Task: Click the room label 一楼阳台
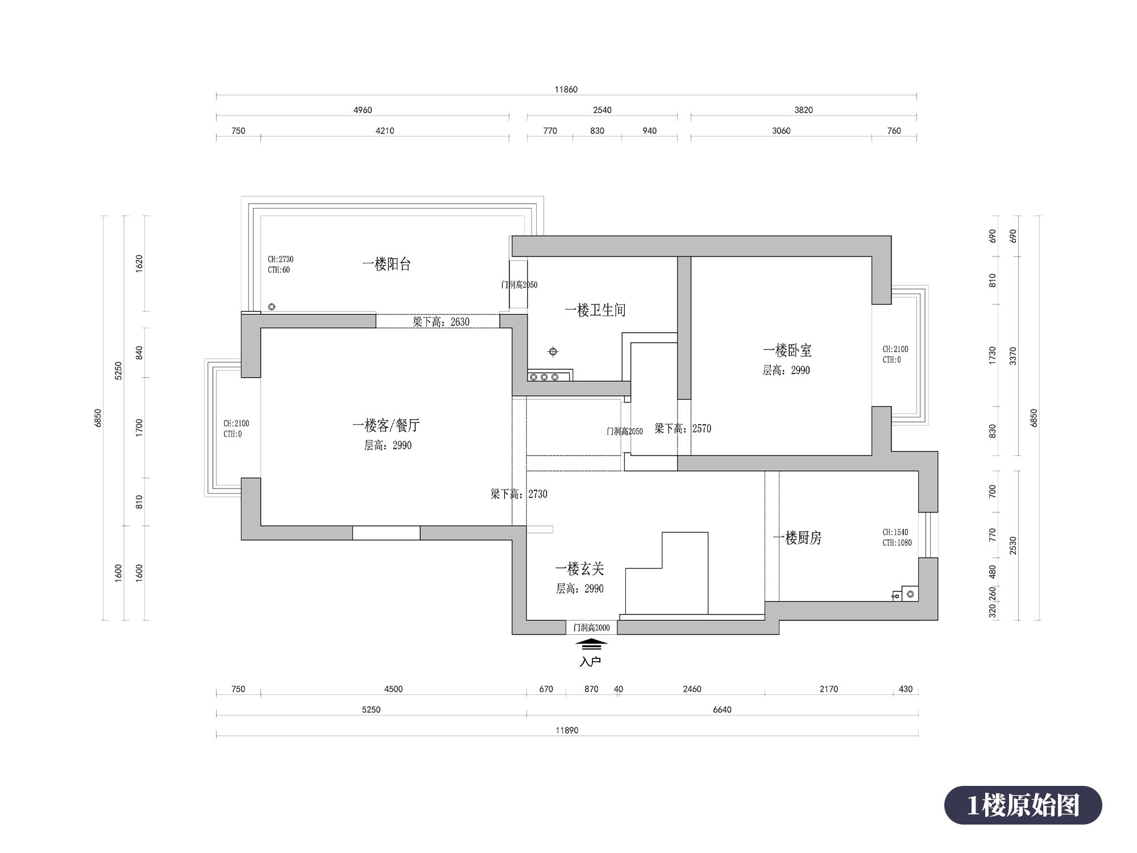coord(387,264)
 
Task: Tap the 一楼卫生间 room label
coord(595,310)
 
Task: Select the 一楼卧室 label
coord(787,350)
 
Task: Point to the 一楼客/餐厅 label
coord(386,425)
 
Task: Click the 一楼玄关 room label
coord(579,569)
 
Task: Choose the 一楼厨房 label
coord(798,538)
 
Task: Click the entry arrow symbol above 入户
coord(591,644)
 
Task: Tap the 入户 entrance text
coord(591,661)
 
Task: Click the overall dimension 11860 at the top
coord(566,89)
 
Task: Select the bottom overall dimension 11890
coord(567,730)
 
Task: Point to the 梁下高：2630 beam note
coord(441,322)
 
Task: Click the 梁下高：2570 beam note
coord(683,429)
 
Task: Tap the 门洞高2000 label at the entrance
coord(592,628)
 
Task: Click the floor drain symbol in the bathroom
coord(553,351)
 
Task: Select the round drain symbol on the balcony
coord(272,307)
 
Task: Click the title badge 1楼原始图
coord(1023,805)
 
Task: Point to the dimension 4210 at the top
coord(385,131)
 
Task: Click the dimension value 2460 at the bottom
coord(692,689)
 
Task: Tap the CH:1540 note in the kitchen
coord(895,532)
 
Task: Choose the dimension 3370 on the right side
coord(1013,356)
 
